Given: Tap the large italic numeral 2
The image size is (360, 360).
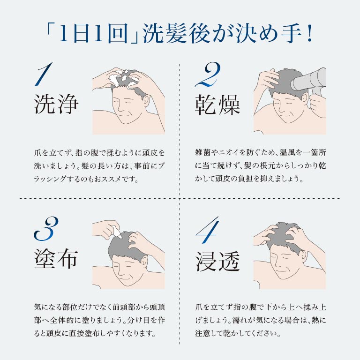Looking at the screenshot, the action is pyautogui.click(x=208, y=74).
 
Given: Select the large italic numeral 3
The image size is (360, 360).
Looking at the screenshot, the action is pyautogui.click(x=46, y=228).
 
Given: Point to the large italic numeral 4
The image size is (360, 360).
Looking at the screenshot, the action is pyautogui.click(x=208, y=230).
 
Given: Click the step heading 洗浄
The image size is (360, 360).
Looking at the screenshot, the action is pyautogui.click(x=56, y=104).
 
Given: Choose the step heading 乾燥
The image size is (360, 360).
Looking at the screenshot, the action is pyautogui.click(x=217, y=105).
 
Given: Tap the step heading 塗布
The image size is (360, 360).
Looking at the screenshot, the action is pyautogui.click(x=56, y=259).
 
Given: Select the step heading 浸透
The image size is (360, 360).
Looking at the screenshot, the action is pyautogui.click(x=217, y=261).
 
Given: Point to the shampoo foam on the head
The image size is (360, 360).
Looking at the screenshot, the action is pyautogui.click(x=123, y=78).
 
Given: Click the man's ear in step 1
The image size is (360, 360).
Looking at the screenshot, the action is pyautogui.click(x=146, y=101).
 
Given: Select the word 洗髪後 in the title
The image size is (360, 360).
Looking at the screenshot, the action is pyautogui.click(x=177, y=34).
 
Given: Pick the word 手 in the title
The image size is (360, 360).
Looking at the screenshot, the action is pyautogui.click(x=291, y=34).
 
